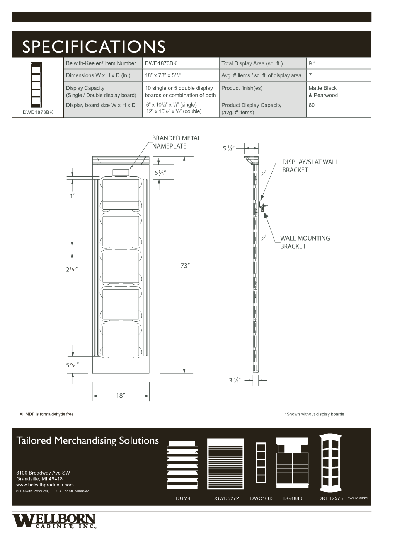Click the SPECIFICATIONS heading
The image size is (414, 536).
[94, 46]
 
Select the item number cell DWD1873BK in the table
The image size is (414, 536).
[161, 63]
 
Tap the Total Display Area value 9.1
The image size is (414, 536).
[312, 63]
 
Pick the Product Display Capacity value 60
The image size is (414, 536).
[312, 105]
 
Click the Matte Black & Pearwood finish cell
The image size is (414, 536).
[323, 92]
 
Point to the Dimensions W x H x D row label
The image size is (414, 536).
[98, 75]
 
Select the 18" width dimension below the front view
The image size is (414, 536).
[120, 396]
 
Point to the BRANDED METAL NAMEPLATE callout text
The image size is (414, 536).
[176, 142]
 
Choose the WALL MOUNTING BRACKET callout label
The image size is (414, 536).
[305, 242]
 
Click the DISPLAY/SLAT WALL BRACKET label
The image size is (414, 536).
[310, 166]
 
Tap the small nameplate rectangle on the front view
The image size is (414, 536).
[121, 172]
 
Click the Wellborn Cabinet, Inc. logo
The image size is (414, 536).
[54, 521]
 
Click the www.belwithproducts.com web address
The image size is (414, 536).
[45, 485]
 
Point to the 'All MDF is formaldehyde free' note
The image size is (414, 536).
[46, 414]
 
